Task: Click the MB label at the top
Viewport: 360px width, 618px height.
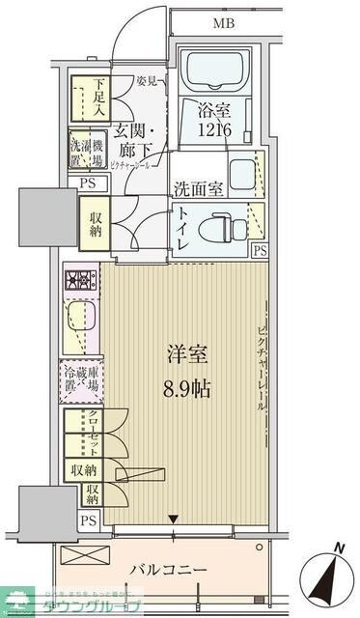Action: (x=224, y=22)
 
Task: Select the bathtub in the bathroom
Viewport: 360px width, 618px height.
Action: (x=215, y=69)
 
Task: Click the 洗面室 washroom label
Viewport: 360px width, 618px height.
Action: (x=200, y=190)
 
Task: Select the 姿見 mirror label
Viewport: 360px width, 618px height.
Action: (x=147, y=79)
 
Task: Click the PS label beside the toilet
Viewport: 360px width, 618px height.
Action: (x=260, y=250)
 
